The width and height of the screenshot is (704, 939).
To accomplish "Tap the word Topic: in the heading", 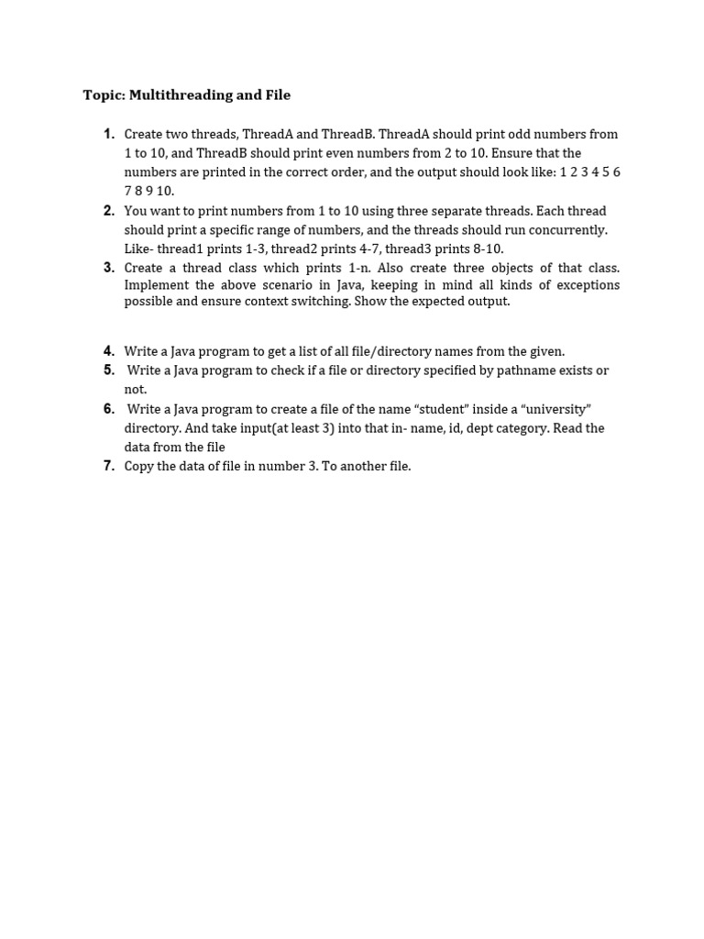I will pyautogui.click(x=104, y=95).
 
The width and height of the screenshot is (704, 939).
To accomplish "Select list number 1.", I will pyautogui.click(x=109, y=134).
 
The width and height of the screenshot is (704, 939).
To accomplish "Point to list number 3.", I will pyautogui.click(x=109, y=268).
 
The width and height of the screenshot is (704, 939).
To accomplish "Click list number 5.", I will pyautogui.click(x=109, y=370).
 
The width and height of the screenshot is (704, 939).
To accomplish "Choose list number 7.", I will pyautogui.click(x=109, y=466).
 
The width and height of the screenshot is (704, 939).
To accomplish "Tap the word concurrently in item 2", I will pyautogui.click(x=568, y=229).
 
